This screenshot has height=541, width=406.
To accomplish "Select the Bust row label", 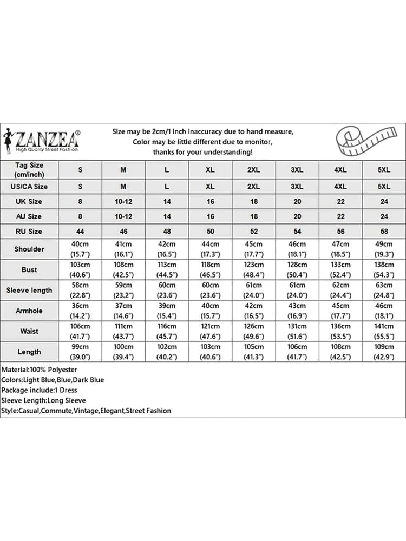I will [x=29, y=269].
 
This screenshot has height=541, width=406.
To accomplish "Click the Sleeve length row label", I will [x=29, y=290].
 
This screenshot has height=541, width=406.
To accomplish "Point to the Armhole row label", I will [x=29, y=311].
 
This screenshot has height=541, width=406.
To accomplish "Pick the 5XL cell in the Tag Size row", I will [x=384, y=170].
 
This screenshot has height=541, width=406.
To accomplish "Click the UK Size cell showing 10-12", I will [x=123, y=201].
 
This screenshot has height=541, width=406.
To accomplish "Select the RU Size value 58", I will [x=384, y=231].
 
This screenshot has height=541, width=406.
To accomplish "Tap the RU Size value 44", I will [x=80, y=231].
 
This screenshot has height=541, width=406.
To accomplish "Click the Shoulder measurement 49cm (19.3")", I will [x=384, y=249].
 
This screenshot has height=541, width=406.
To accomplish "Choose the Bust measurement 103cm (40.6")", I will [x=80, y=269].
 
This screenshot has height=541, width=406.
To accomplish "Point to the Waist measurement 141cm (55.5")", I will [x=384, y=331].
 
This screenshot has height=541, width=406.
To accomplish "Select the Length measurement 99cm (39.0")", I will [x=80, y=352].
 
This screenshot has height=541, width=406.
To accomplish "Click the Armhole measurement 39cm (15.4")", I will [x=167, y=311].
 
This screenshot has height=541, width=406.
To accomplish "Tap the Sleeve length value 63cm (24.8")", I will [x=384, y=290].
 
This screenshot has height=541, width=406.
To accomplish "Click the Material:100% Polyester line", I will [x=39, y=370].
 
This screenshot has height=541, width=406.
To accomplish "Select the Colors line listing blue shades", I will [x=53, y=380].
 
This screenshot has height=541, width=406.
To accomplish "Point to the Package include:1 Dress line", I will [x=39, y=390].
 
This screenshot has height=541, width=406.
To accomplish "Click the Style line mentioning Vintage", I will [x=86, y=411].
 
